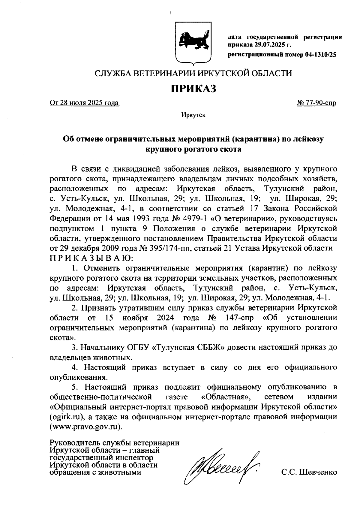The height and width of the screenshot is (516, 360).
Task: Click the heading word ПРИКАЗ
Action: (x=193, y=89)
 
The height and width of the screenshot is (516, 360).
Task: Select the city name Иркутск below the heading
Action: (x=193, y=115)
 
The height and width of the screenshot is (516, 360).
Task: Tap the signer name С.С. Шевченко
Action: (x=309, y=472)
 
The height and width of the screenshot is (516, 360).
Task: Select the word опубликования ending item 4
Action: (x=76, y=377)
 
